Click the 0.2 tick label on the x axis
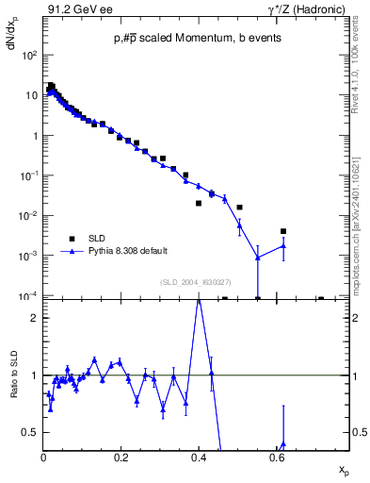121,457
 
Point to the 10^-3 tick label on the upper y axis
29,256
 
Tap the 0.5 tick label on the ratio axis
29,432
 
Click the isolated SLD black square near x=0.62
283,231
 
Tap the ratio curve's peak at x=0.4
199,300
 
